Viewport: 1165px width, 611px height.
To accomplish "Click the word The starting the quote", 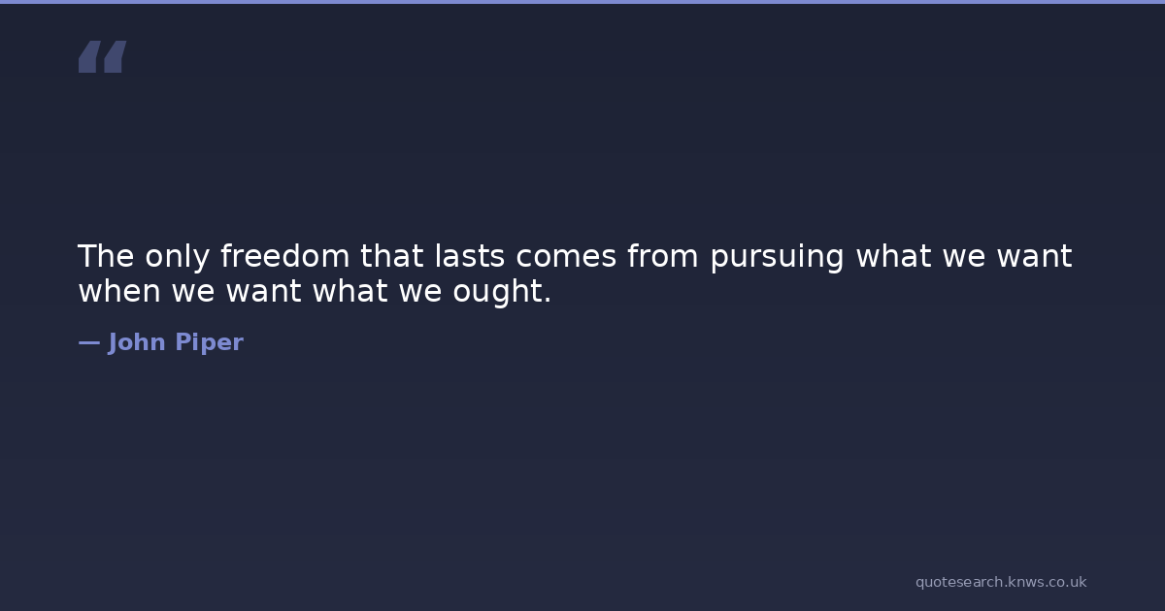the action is click(x=106, y=256).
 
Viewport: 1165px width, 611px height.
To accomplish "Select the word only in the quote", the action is click(x=178, y=258).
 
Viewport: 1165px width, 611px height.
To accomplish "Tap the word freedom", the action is click(x=285, y=255).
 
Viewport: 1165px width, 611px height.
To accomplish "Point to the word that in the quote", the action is click(x=391, y=255).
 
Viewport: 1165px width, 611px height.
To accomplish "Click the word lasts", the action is click(x=470, y=255).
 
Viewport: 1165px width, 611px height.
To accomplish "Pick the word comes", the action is click(x=566, y=258).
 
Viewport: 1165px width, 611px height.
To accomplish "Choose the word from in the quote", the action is click(x=662, y=255).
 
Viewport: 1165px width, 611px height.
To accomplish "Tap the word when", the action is click(x=119, y=290).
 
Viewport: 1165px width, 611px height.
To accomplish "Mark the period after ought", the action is click(x=548, y=300).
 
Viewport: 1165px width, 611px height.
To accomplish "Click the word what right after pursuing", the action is click(x=893, y=255).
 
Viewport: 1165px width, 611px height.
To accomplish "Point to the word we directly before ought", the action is click(x=420, y=293).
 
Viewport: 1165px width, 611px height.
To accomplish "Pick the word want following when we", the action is click(x=264, y=292).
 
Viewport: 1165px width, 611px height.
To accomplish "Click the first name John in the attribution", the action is click(x=137, y=342).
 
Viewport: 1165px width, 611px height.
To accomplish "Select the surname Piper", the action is click(x=209, y=343).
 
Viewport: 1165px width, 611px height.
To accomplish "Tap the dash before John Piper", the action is click(x=89, y=343).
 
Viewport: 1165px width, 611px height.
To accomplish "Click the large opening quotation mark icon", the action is click(x=103, y=56).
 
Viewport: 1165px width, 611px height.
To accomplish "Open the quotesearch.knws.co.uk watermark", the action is click(x=1001, y=583).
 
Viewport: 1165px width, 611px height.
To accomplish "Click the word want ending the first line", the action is click(x=1034, y=257).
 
